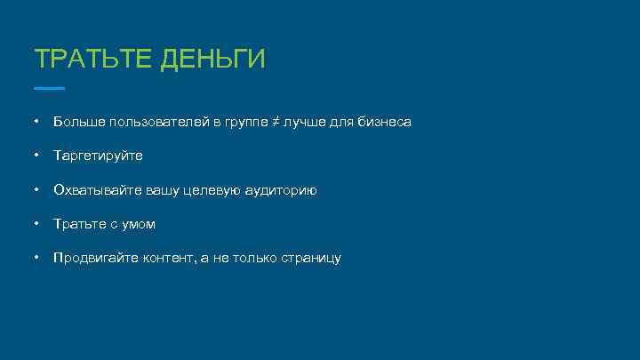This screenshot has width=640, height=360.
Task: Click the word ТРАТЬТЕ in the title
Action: coord(92,60)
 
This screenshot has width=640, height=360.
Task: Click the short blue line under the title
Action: coord(49,88)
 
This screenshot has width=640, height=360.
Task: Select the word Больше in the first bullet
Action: coord(77,121)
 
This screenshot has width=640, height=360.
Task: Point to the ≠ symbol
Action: coord(276,121)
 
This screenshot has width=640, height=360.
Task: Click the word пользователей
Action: coord(156,121)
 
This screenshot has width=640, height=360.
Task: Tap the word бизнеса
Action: coord(386,121)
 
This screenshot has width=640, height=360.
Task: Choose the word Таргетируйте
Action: coord(98,156)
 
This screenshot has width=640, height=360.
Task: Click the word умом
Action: coord(137,224)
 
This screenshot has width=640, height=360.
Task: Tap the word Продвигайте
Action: coord(95,259)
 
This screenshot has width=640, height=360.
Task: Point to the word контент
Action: coord(172,259)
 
